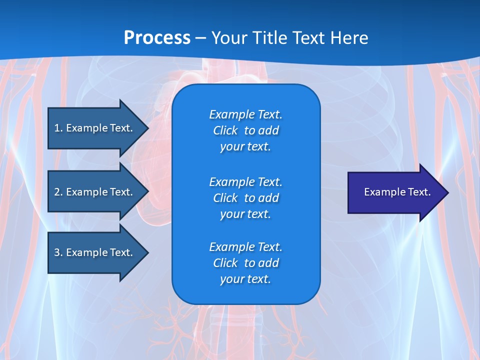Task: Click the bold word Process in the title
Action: [157, 38]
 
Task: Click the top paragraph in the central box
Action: [245, 130]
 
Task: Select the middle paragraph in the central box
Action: [245, 198]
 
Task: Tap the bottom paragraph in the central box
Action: [245, 263]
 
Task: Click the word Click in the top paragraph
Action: [225, 130]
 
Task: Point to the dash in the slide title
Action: [200, 38]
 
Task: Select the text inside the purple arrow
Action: [397, 192]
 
